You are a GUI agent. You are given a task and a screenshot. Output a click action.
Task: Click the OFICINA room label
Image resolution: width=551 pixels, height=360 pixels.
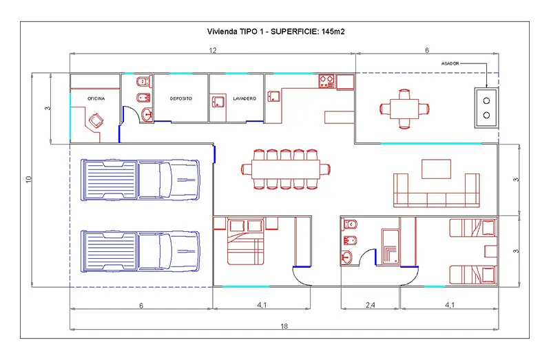96,98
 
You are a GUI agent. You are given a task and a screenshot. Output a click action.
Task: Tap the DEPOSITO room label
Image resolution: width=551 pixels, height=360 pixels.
181,98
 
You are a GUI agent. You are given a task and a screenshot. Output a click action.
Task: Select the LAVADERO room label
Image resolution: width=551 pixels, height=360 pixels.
245,98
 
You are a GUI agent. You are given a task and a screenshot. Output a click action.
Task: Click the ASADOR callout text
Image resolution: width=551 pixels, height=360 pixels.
450,63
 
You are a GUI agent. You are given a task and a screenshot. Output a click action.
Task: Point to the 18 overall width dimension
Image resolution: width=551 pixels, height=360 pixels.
284,326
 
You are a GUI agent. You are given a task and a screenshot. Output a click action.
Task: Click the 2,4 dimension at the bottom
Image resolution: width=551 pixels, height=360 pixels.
371,305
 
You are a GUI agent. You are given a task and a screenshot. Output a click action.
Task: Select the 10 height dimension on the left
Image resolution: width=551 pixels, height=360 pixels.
28,179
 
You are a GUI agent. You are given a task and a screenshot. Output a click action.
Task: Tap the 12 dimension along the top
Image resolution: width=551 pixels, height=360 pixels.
213,50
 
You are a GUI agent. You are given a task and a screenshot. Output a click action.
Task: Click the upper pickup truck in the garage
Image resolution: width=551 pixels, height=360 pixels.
141,180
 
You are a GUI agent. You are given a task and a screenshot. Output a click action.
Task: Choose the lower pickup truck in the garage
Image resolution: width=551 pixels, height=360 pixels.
141,251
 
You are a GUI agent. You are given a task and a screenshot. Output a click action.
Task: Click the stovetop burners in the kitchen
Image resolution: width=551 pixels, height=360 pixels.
326,81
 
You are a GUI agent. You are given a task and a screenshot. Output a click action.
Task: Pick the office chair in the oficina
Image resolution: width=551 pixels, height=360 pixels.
96,121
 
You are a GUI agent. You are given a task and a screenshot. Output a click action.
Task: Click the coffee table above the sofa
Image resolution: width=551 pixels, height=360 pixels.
436,169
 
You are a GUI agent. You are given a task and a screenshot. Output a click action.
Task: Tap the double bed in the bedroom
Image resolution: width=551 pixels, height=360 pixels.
246,242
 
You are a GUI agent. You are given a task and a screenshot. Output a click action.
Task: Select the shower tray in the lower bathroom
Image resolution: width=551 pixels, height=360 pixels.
390,246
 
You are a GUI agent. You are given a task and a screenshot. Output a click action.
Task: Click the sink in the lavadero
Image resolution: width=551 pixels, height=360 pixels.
218,102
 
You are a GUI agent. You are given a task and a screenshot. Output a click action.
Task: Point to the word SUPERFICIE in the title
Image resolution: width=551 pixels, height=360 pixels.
295,32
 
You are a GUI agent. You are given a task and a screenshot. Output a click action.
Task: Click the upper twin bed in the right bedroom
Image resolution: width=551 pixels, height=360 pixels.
473,228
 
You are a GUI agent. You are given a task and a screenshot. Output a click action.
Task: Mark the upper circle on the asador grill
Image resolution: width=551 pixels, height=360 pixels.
486,101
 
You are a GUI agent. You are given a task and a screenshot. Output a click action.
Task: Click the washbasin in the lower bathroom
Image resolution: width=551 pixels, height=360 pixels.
346,257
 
